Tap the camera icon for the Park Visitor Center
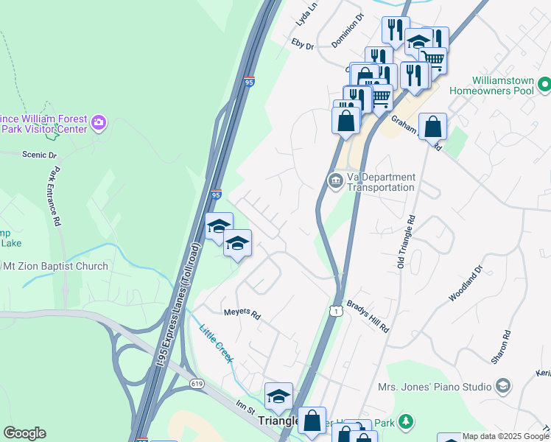[99, 122]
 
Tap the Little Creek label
[215, 343]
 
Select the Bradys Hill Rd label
[368, 317]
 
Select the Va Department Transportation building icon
[335, 181]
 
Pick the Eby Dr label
[303, 45]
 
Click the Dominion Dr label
[348, 30]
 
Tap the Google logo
[24, 433]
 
